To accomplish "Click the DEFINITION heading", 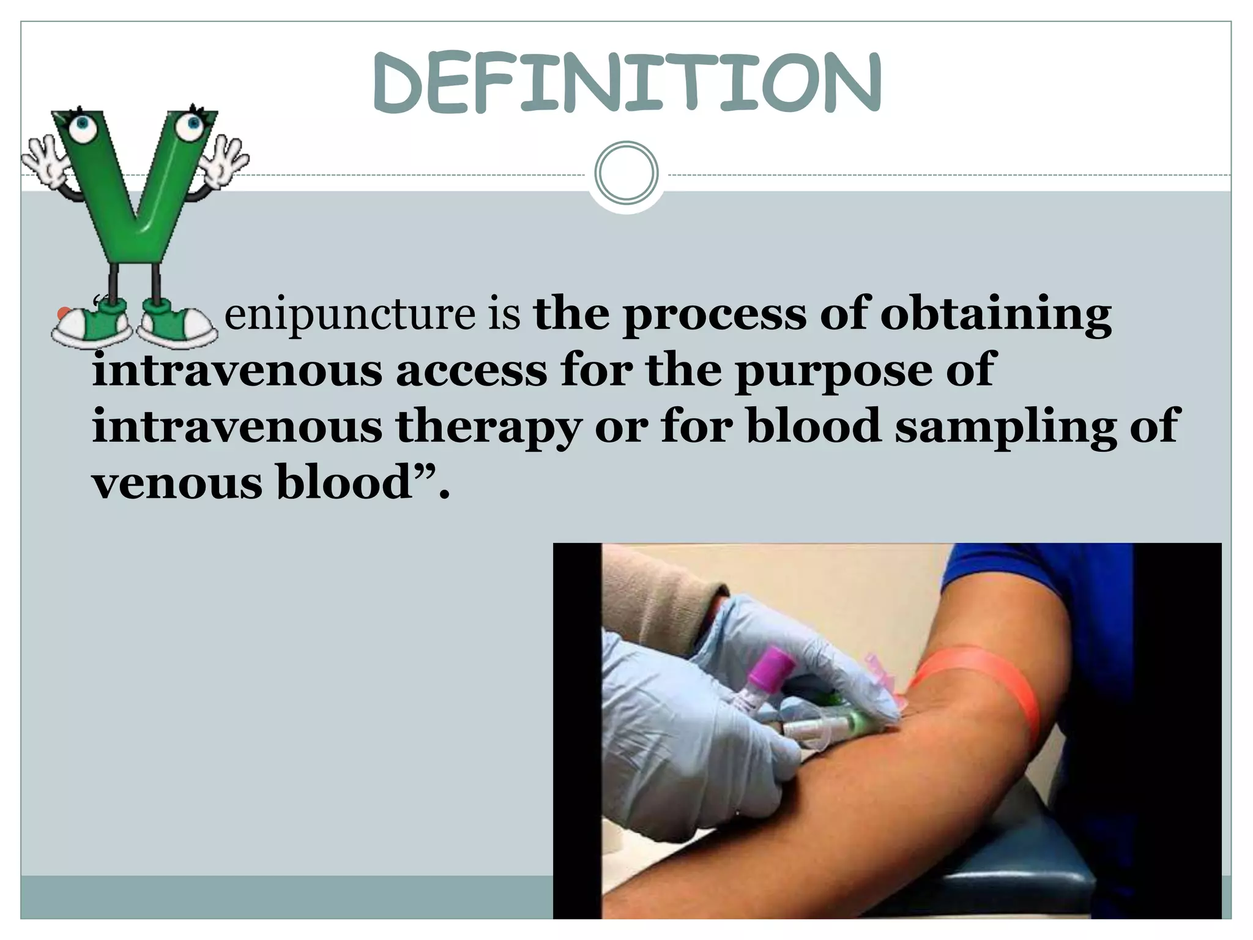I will point(626,84).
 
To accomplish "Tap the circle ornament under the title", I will point(626,173).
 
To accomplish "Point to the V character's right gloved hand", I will point(225,160).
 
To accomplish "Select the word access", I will point(471,371).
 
